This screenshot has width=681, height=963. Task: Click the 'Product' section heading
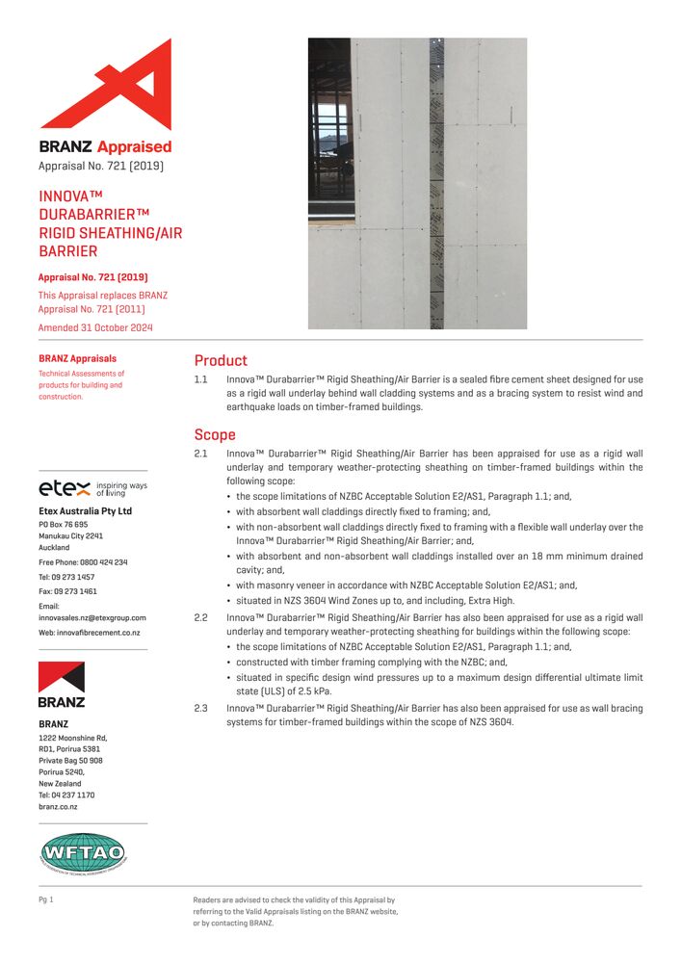point(221,360)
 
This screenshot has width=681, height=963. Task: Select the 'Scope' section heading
point(215,434)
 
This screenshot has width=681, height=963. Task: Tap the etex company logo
point(65,487)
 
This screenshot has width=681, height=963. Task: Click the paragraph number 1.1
point(201,380)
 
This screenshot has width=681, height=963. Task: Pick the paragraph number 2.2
point(201,617)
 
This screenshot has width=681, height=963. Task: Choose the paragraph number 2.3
point(201,709)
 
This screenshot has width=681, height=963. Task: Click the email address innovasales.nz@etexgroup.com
point(92,617)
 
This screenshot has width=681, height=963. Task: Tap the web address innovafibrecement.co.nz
point(89,632)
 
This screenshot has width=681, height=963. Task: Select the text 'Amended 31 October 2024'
point(94,327)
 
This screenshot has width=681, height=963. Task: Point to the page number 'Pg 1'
point(45,899)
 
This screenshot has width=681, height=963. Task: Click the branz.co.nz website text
point(58,807)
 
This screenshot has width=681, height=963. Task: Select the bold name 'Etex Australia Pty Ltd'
point(85,510)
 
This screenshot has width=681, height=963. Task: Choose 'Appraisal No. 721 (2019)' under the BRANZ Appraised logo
point(100,166)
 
